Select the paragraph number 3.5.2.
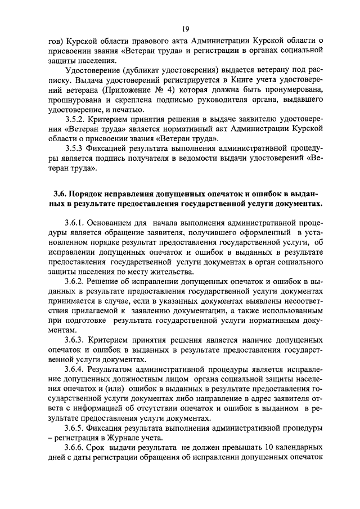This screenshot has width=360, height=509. [x=75, y=120]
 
